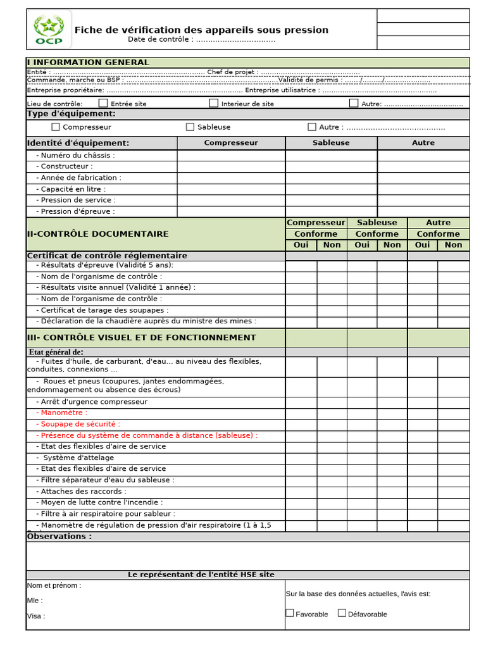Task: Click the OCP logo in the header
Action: [49, 30]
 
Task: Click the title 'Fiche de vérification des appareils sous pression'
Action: [201, 30]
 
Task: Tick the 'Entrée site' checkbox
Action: [103, 103]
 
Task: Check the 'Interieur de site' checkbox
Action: [214, 103]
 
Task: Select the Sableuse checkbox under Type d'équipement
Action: [190, 127]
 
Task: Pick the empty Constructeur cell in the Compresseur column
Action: [231, 166]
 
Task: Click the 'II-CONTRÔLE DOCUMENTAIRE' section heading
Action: [97, 234]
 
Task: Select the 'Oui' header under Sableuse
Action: [362, 245]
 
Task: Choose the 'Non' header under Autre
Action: [453, 245]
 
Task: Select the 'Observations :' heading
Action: [59, 537]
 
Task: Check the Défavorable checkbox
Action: [342, 613]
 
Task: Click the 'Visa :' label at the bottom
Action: [36, 616]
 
